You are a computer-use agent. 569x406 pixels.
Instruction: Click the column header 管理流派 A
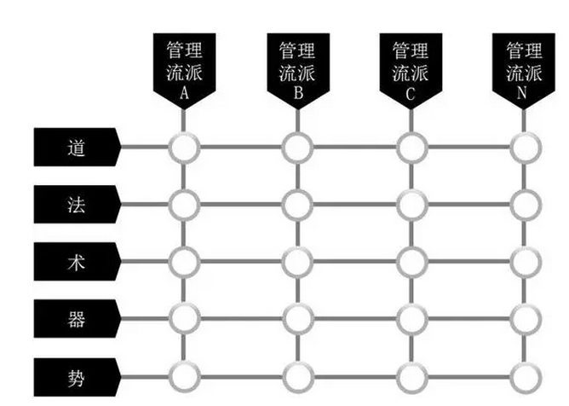click(x=184, y=69)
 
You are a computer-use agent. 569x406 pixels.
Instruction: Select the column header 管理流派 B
click(x=298, y=69)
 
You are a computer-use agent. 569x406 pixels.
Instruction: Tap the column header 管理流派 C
click(x=411, y=69)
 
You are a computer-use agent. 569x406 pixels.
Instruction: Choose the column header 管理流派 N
click(x=524, y=69)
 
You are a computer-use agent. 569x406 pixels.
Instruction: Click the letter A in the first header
click(x=184, y=93)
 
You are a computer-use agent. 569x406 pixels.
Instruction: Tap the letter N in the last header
click(x=522, y=93)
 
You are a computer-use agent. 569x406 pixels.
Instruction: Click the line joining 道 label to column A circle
click(x=145, y=148)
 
